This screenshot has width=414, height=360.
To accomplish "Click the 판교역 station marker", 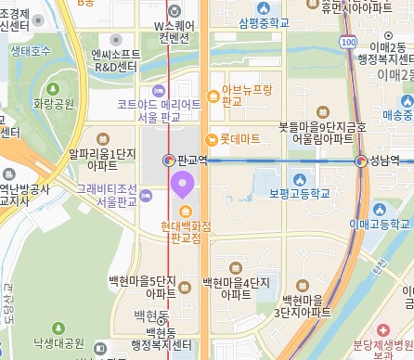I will (169, 160).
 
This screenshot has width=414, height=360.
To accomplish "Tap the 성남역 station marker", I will (360, 161).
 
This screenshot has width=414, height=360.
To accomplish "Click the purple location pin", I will (182, 185).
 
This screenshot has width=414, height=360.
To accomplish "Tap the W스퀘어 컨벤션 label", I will (173, 31).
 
